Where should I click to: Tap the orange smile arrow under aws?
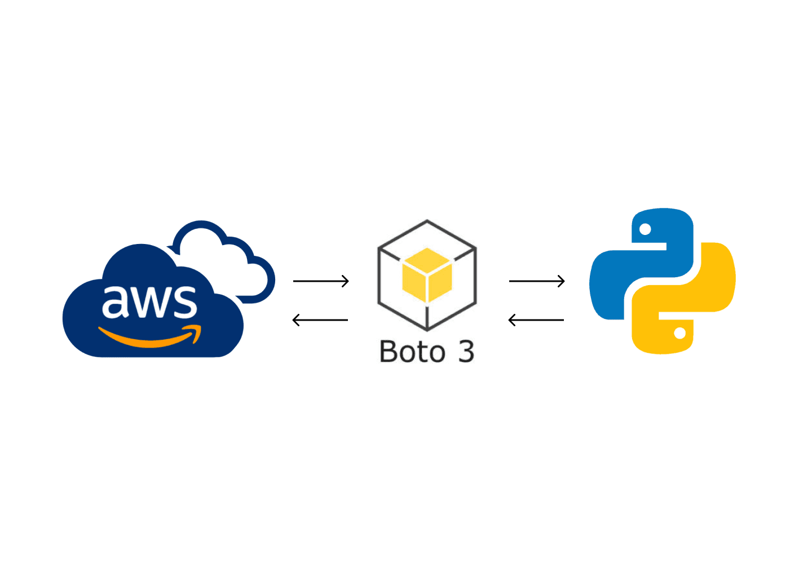148,339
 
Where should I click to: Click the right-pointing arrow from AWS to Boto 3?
321,281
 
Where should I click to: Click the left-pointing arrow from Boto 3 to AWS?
320,320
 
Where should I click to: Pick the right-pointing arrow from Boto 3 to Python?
537,281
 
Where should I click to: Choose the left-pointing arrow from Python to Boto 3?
536,320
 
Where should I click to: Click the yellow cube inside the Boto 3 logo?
427,275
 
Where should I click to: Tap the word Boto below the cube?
412,352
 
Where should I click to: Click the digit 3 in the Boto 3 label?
466,352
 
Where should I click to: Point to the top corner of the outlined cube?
427,221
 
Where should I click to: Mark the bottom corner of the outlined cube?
427,329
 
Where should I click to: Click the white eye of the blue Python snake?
646,229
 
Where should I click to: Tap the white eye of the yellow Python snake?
680,333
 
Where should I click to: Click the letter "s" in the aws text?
184,303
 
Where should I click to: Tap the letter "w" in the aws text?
150,303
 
